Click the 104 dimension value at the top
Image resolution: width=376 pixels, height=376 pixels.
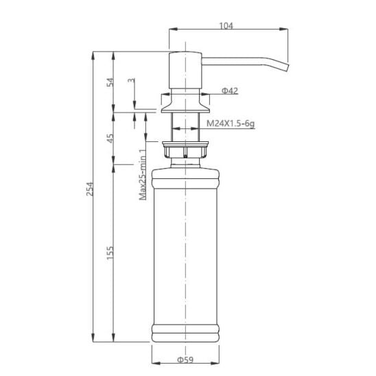(x=226, y=25)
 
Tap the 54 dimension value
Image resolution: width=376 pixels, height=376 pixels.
(x=110, y=82)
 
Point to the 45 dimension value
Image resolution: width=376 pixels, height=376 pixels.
(x=110, y=138)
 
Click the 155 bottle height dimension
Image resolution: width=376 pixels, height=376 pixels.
(x=110, y=252)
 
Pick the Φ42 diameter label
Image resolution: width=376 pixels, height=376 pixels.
(x=229, y=91)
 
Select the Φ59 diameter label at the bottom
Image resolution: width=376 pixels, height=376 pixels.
(x=185, y=360)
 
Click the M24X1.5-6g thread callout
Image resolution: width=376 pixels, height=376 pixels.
(x=231, y=124)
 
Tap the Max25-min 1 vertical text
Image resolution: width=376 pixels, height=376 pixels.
(x=143, y=174)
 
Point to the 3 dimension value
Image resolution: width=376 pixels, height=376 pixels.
(x=132, y=80)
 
